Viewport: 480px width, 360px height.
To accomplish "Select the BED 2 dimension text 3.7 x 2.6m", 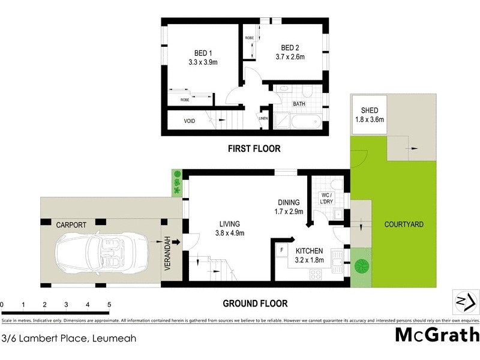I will pyautogui.click(x=289, y=58).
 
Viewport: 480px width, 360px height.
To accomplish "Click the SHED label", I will pyautogui.click(x=369, y=110).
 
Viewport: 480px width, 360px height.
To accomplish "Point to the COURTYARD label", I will pyautogui.click(x=404, y=224).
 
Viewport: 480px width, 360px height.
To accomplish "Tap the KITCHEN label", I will pyautogui.click(x=309, y=251).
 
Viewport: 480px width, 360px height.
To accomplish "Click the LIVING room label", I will pyautogui.click(x=229, y=223).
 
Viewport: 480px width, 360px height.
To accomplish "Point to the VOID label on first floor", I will pyautogui.click(x=190, y=121).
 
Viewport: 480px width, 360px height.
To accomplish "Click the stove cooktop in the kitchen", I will pyautogui.click(x=316, y=274).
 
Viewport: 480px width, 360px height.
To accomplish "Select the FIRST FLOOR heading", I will pyautogui.click(x=253, y=148).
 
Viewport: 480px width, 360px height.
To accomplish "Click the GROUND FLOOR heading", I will pyautogui.click(x=255, y=304).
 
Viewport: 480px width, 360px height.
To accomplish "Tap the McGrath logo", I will pyautogui.click(x=437, y=334).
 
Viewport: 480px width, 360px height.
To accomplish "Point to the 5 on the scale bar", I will pyautogui.click(x=109, y=305).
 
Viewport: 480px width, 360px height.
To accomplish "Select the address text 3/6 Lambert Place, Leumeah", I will pyautogui.click(x=69, y=338).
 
